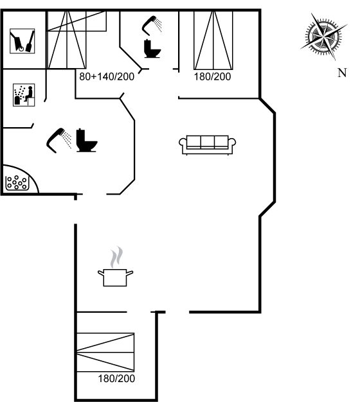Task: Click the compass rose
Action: (324, 36)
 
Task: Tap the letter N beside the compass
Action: (342, 73)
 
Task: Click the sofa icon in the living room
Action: (208, 145)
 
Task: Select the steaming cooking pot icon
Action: (116, 266)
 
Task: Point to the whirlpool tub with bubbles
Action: (17, 182)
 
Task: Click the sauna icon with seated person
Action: (24, 95)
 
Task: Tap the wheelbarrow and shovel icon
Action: (22, 41)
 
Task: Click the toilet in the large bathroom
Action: (87, 140)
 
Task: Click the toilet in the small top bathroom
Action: (152, 48)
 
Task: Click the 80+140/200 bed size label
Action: (107, 76)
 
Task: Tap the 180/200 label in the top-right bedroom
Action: (212, 76)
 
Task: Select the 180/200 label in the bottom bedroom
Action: (116, 378)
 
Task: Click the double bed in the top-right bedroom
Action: (213, 40)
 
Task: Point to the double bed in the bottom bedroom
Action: (105, 353)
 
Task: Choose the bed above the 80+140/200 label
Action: (77, 40)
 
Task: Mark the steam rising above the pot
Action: (116, 257)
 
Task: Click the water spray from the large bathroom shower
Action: (67, 140)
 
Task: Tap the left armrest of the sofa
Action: (183, 143)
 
